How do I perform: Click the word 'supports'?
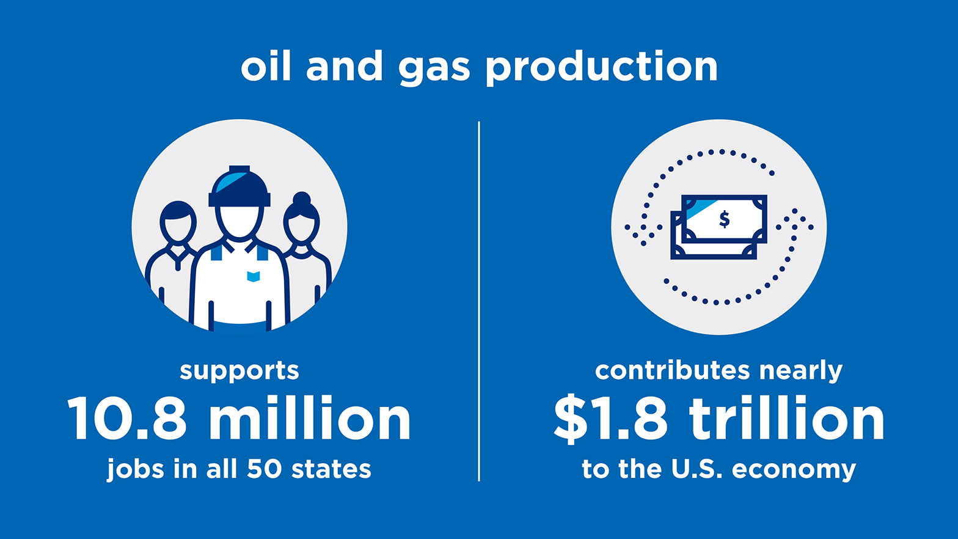pos(239,371)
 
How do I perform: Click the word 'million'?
pos(310,419)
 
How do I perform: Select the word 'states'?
pos(331,469)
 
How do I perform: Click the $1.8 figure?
pos(610,419)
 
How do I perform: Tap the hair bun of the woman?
pos(301,198)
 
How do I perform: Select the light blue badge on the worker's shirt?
pos(254,276)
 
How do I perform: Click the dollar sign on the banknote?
pos(725,218)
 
